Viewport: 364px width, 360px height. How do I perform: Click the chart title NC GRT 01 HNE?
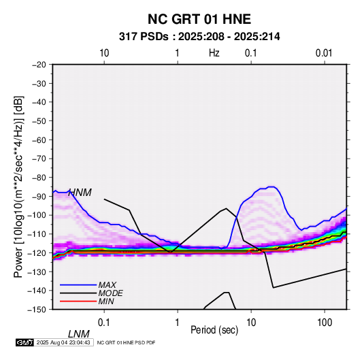pyautogui.click(x=199, y=19)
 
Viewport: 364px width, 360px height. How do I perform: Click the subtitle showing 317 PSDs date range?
pyautogui.click(x=199, y=37)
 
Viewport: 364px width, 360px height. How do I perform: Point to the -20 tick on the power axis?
pyautogui.click(x=39, y=65)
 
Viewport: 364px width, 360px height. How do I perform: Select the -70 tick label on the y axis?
pyautogui.click(x=39, y=159)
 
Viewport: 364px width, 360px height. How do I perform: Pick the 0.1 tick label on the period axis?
pyautogui.click(x=104, y=323)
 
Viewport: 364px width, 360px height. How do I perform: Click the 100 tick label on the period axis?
pyautogui.click(x=325, y=323)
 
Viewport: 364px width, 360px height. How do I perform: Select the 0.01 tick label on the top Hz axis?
pyautogui.click(x=324, y=53)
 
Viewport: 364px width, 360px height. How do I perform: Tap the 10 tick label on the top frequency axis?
pyautogui.click(x=104, y=53)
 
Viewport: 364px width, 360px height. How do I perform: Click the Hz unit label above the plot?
pyautogui.click(x=214, y=53)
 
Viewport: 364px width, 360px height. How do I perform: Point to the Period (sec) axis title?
pyautogui.click(x=214, y=330)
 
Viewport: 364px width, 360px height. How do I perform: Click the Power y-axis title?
pyautogui.click(x=18, y=186)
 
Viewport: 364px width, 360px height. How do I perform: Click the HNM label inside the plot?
pyautogui.click(x=80, y=193)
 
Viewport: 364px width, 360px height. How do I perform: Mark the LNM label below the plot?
pyautogui.click(x=79, y=334)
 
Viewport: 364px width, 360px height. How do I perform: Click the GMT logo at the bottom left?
pyautogui.click(x=25, y=342)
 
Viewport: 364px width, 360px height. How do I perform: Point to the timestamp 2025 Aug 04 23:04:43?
pyautogui.click(x=63, y=342)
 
